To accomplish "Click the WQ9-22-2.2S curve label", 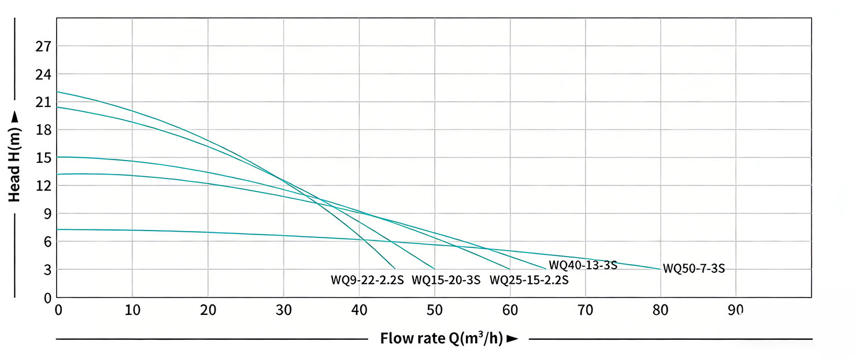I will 367,280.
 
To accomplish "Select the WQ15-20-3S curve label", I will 446,280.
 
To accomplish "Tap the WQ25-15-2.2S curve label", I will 528,280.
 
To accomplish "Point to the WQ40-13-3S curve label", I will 583,265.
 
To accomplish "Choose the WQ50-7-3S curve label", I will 694,269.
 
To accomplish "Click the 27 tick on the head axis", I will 44,46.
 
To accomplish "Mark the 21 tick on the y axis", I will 44,102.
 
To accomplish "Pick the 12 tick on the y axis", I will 44,185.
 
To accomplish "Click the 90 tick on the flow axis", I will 736,310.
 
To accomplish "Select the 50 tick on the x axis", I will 434,310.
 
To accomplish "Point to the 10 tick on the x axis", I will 132,310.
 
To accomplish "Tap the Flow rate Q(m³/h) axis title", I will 442,339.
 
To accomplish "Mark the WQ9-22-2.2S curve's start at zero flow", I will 57,92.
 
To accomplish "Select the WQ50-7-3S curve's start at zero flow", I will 57,229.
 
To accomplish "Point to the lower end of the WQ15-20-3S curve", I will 434,269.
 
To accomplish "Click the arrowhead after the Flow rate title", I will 512,339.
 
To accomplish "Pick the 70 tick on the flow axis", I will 585,310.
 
